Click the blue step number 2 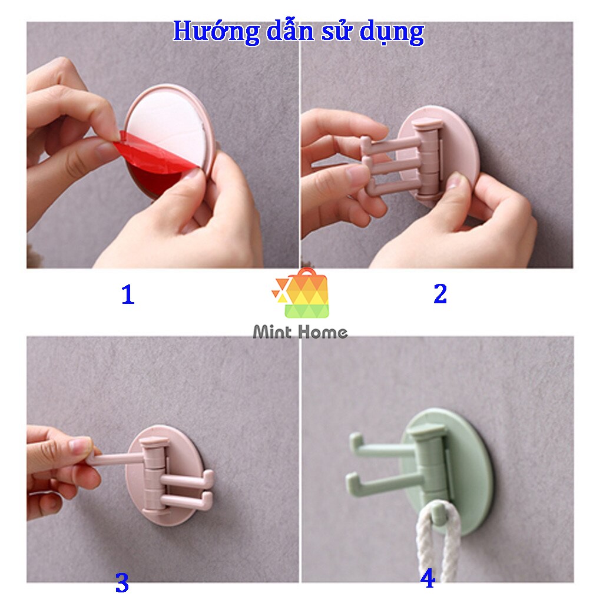tap(440, 294)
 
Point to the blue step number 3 tap(122, 582)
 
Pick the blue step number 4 tap(428, 578)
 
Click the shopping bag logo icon tap(302, 293)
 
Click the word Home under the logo tap(323, 332)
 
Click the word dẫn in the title tap(291, 32)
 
